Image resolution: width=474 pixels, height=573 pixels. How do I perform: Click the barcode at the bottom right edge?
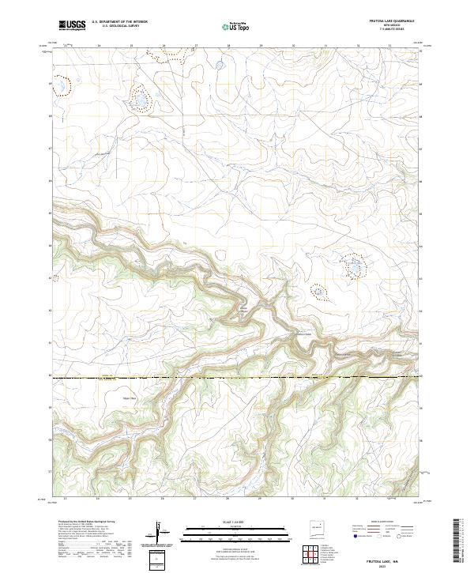(x=458, y=541)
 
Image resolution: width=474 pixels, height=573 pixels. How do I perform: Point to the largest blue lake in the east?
(x=352, y=268)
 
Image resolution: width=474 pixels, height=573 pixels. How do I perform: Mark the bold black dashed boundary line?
(x=237, y=379)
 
